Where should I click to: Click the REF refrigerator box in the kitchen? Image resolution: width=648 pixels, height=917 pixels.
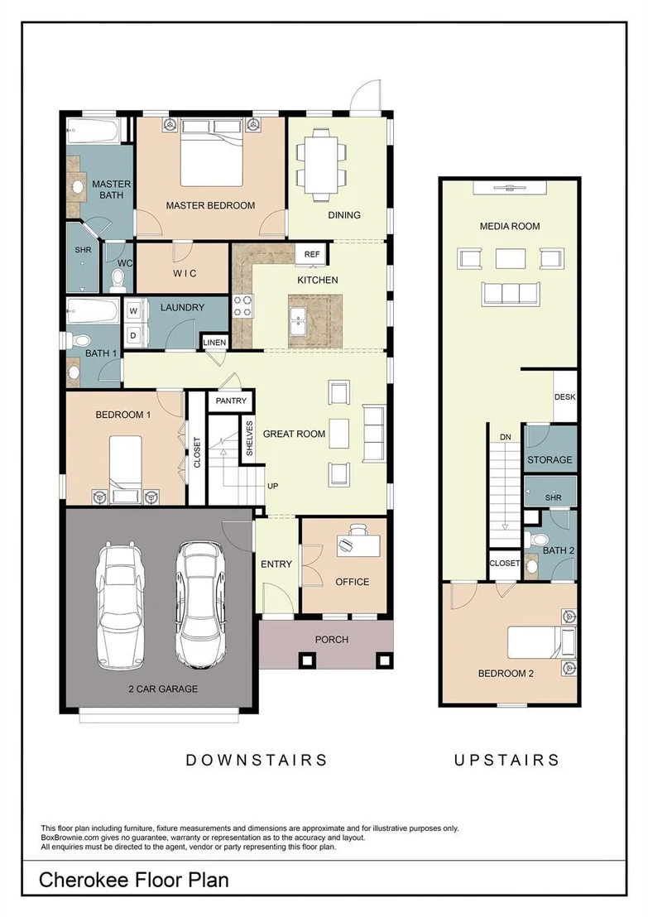[x=312, y=254]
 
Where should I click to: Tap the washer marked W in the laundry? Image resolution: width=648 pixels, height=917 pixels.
[x=133, y=311]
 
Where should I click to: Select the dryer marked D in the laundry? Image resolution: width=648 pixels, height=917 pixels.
[x=133, y=335]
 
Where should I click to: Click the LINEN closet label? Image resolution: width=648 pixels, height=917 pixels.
[x=214, y=342]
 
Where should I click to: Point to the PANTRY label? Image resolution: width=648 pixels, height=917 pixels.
[x=231, y=401]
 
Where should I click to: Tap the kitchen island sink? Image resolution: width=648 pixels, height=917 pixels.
[x=301, y=321]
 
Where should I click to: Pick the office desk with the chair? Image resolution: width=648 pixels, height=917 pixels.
[x=357, y=542]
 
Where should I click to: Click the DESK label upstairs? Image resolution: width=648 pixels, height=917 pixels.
[x=565, y=396]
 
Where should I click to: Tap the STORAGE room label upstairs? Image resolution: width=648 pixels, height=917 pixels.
[x=550, y=459]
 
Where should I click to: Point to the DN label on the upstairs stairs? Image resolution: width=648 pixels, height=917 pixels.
[x=506, y=437]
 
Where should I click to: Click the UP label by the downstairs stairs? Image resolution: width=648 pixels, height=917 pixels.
[x=272, y=486]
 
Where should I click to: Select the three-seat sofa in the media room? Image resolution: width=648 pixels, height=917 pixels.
[x=510, y=292]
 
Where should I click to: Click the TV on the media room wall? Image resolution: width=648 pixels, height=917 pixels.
[x=510, y=188]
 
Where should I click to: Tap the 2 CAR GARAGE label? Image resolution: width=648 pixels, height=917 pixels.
[x=163, y=689]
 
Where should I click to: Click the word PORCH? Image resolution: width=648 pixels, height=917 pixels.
[x=332, y=640]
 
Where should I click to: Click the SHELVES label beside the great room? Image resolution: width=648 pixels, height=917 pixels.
[x=250, y=439]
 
